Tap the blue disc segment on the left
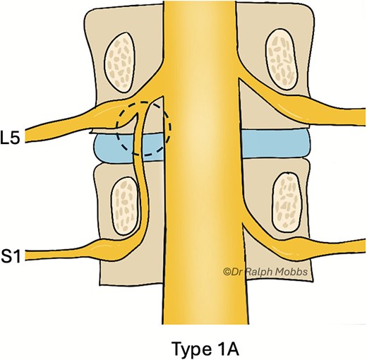click(x=113, y=147)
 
